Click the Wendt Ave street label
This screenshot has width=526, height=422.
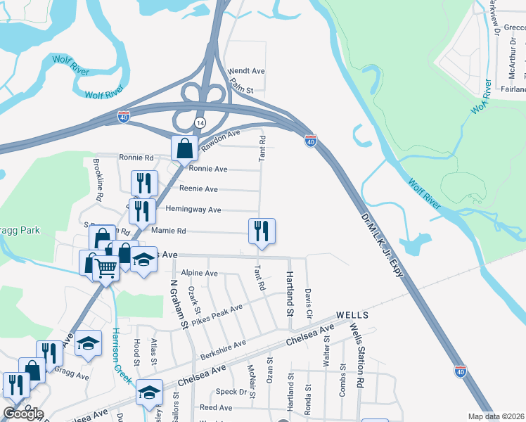click(246, 71)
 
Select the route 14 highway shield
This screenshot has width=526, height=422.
click(200, 122)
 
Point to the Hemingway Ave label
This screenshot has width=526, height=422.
click(193, 210)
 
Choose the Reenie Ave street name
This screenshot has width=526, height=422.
click(198, 189)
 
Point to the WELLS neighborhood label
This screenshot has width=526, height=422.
click(352, 314)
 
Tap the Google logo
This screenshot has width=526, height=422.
click(23, 413)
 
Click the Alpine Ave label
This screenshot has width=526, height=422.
click(200, 273)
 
